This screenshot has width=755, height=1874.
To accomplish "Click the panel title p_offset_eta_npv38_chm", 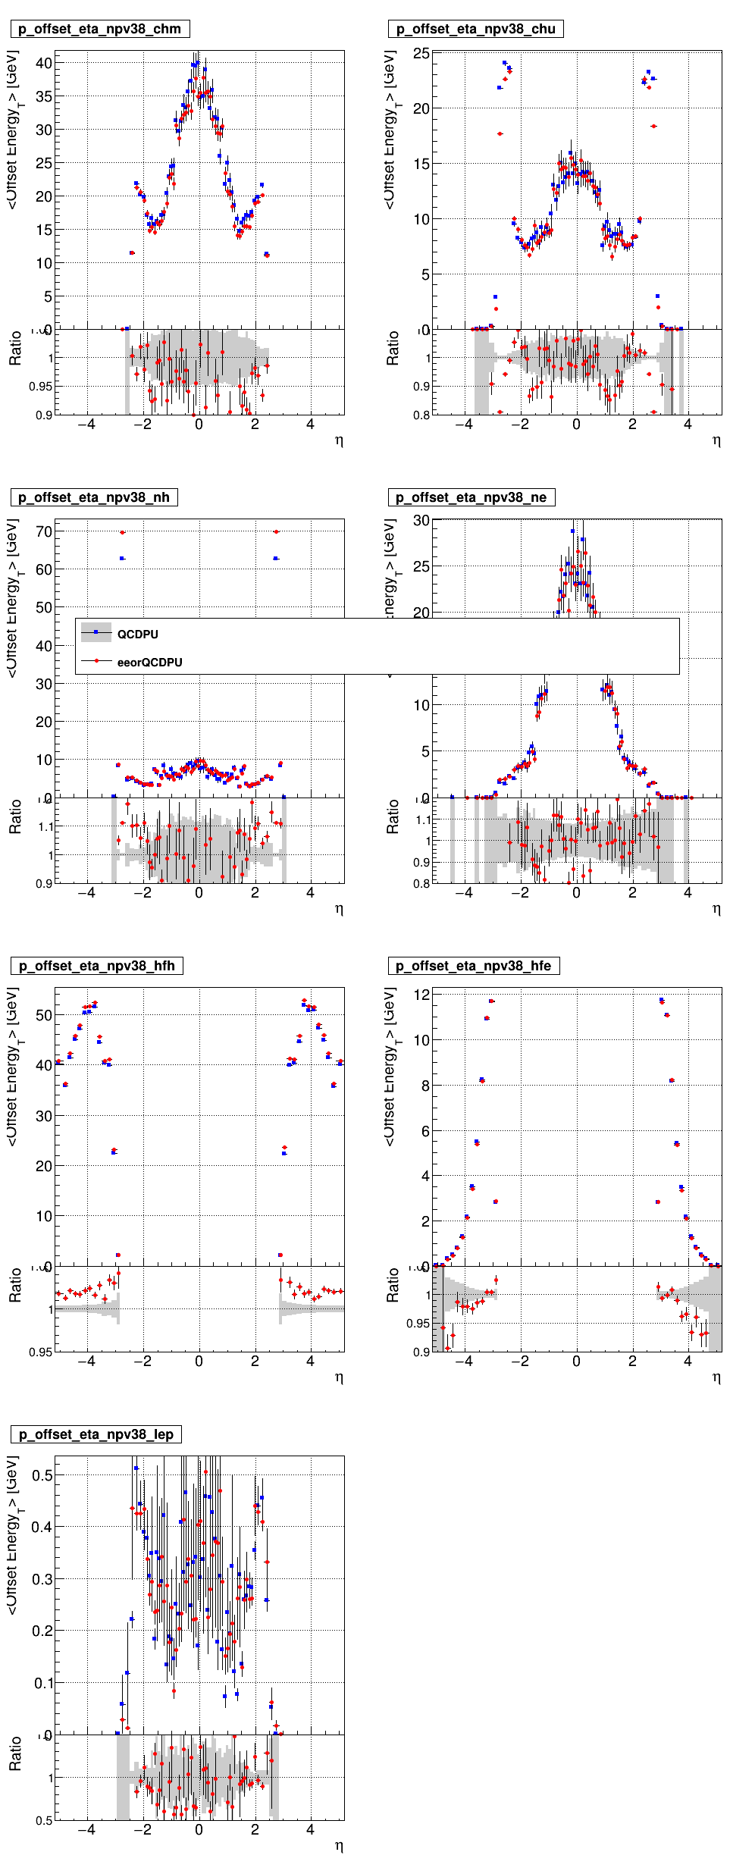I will point(99,30).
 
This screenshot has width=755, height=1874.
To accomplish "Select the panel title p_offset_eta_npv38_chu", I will point(475,30).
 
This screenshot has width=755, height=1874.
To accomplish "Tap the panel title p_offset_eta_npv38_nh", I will point(93,498).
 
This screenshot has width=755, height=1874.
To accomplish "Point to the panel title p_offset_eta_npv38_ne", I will point(471,498).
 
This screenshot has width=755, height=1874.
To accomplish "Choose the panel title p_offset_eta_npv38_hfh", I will point(96,967).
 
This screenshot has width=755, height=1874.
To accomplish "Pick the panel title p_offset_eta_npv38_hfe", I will point(473,967).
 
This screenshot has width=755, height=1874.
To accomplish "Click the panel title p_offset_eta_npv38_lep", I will point(96,1435).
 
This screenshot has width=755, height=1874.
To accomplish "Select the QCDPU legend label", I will point(137,635).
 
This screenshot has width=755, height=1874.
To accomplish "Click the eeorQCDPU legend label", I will point(149,663).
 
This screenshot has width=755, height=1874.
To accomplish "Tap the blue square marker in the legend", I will point(96,632).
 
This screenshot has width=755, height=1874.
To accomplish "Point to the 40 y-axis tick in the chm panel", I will point(44,64).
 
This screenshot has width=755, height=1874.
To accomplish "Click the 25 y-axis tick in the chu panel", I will point(421,54).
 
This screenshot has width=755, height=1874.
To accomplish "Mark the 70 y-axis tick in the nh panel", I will point(44,532).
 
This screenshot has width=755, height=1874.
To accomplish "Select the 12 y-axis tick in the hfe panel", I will point(421,995).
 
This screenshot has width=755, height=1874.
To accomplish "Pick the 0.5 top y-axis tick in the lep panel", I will point(42,1476).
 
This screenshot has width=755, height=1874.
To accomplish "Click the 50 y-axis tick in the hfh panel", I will point(44,1016).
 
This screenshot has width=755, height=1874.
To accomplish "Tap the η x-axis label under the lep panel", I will point(339,1845).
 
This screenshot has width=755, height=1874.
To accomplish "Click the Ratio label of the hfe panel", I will point(392,1286).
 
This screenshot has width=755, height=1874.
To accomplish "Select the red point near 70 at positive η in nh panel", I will point(276,531).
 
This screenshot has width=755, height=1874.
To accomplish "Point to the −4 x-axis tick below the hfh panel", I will point(86,1362).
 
